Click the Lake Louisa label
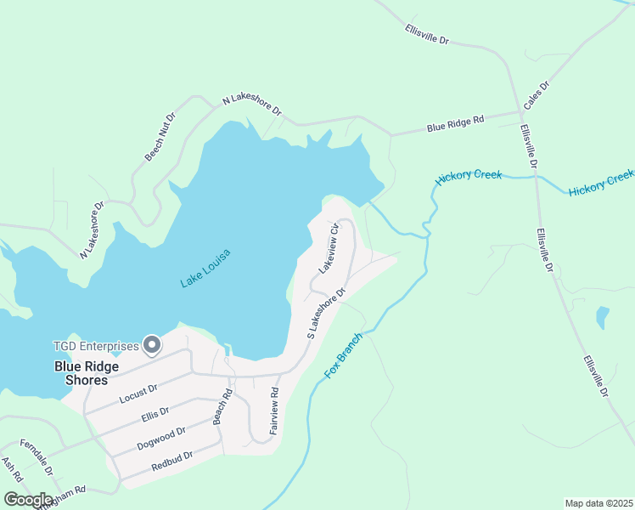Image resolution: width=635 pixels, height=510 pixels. (205, 269)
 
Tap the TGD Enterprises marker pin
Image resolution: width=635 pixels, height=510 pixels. (152, 344)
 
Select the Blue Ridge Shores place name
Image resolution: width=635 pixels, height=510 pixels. (87, 373)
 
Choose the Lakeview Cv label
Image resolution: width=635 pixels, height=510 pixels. (329, 247)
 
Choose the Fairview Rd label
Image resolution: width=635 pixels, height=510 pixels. (274, 411)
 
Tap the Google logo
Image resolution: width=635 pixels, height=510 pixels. (28, 500)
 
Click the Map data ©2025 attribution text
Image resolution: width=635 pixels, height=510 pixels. (598, 502)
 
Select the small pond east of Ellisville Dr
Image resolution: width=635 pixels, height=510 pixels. (602, 318)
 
